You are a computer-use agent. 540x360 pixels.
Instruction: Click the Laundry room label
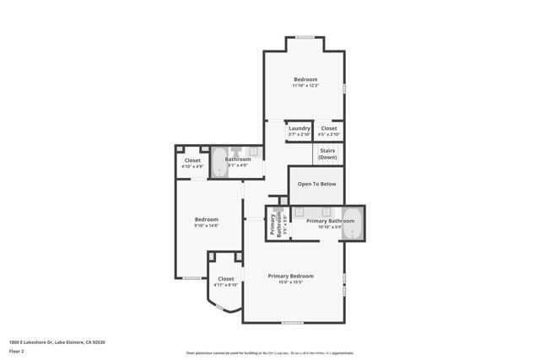click(299, 128)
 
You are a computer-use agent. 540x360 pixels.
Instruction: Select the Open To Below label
click(316, 183)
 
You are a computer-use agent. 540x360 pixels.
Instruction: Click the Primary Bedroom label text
click(290, 276)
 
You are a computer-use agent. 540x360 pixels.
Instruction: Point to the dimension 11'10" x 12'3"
click(305, 85)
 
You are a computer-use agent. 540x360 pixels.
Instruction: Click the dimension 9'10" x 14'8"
click(207, 225)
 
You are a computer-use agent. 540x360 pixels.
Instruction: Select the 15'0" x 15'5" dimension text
click(290, 282)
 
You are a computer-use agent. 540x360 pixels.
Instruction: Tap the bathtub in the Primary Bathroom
click(354, 223)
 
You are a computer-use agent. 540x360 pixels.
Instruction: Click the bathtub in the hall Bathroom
click(219, 162)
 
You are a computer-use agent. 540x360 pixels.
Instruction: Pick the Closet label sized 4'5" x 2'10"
click(330, 128)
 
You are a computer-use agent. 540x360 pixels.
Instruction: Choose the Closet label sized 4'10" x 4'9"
click(192, 160)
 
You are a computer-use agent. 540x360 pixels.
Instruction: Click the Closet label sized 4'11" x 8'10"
click(226, 278)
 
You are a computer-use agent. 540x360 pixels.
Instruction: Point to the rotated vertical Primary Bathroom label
click(273, 223)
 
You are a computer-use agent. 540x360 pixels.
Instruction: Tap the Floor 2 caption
click(17, 351)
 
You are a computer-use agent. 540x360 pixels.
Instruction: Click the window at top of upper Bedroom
click(305, 37)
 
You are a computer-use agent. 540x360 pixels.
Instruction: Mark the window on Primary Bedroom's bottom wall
click(293, 322)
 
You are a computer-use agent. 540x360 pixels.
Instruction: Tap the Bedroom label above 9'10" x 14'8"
click(207, 219)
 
